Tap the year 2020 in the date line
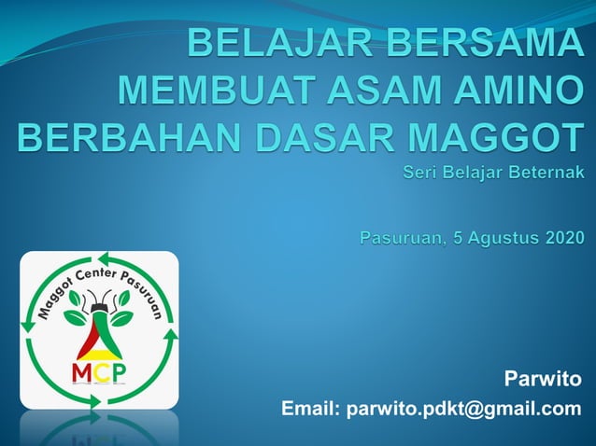[x=560, y=238]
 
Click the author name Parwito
[x=542, y=378]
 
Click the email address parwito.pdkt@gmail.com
[x=463, y=409]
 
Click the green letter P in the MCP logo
[x=121, y=373]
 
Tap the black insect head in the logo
[x=98, y=303]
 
